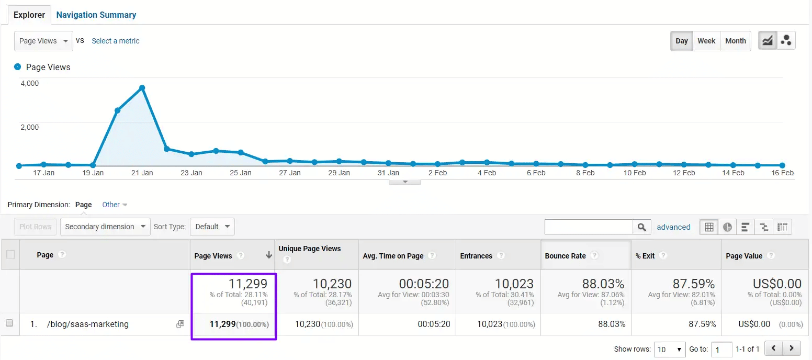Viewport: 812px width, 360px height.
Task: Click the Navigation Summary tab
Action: [96, 15]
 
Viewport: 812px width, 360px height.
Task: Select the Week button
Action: [706, 41]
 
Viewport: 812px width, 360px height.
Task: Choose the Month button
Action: [736, 41]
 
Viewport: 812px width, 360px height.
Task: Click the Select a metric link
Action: [116, 41]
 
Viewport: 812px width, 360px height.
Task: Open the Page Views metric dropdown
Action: [43, 41]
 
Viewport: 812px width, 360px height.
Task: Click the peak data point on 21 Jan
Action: [142, 88]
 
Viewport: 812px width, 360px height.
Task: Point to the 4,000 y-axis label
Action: [29, 83]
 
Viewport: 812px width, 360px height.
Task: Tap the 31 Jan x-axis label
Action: [388, 173]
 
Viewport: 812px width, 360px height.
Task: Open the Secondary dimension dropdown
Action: [105, 227]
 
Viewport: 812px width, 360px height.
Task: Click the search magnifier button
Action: [642, 227]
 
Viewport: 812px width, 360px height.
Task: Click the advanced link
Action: [673, 227]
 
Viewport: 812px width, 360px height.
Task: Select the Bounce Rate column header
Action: [565, 256]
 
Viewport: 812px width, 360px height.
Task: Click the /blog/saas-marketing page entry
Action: [87, 324]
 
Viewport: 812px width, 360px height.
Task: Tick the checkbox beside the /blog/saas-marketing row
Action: [9, 323]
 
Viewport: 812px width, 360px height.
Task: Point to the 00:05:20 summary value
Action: [424, 284]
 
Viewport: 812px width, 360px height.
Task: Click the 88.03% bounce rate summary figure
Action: [603, 284]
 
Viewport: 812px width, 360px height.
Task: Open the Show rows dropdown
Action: [670, 349]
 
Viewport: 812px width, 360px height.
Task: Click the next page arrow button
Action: [792, 348]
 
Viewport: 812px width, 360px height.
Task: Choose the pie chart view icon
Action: [727, 227]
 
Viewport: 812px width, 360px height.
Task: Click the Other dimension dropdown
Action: [115, 205]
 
